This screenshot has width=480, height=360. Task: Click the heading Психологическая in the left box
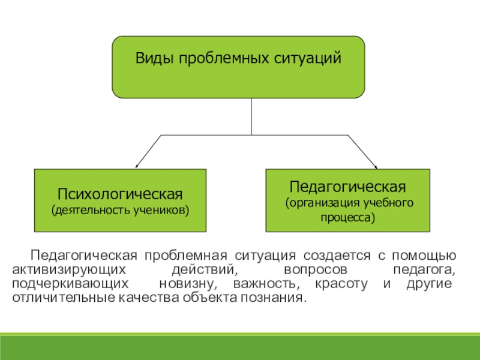pos(120,194)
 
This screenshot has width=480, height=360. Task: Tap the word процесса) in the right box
pos(347,217)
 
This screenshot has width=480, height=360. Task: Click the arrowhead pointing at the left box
pos(137,166)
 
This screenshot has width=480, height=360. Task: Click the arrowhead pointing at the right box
pos(376,166)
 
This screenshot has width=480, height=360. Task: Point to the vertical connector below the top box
pos(251,116)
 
